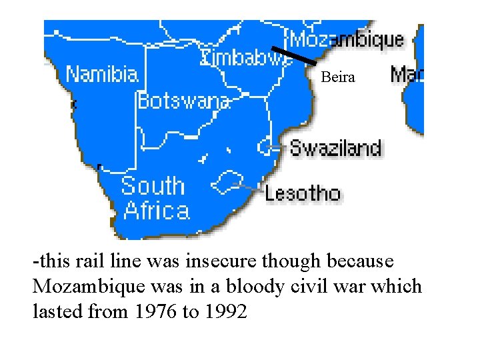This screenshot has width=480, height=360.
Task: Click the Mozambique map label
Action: click(347, 39)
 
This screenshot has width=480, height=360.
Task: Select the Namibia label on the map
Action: click(102, 74)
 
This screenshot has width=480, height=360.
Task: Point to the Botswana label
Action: click(183, 101)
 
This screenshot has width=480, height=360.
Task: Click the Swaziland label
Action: click(335, 147)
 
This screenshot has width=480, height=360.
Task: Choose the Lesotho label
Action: click(303, 194)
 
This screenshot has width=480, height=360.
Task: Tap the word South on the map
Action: click(153, 186)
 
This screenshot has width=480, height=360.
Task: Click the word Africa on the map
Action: click(157, 211)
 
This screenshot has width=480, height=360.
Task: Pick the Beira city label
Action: click(338, 77)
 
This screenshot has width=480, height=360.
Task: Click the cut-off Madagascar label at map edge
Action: click(407, 74)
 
